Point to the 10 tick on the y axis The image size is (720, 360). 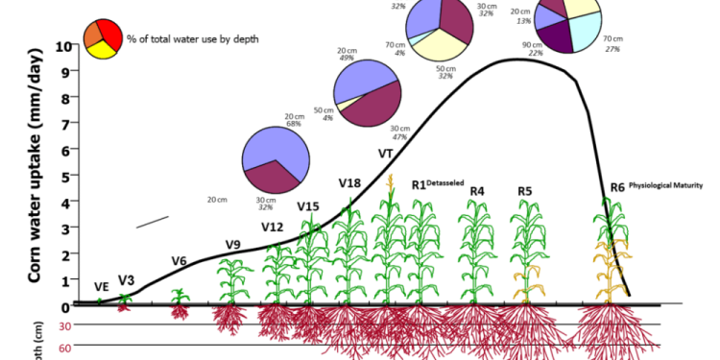pos(63,46)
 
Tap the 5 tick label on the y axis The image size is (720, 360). pos(65,177)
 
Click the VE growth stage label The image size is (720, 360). pos(101,287)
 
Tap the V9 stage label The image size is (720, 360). pos(233,244)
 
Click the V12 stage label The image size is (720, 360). pos(273,227)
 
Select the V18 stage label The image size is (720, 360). pos(349,183)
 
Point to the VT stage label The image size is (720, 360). pos(386,154)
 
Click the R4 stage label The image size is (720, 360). pos(476,191)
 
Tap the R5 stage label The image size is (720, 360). pos(524,191)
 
